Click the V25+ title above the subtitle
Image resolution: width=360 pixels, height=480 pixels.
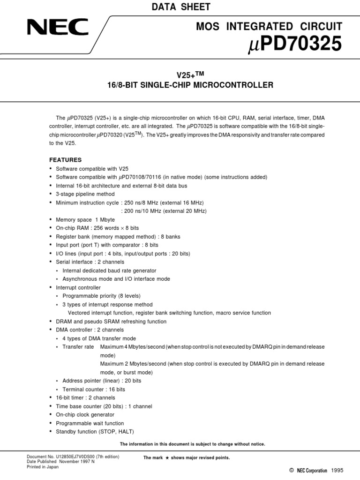point(186,75)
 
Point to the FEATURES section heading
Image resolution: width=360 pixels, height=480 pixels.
point(65,160)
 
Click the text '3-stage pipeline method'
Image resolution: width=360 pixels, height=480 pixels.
point(85,194)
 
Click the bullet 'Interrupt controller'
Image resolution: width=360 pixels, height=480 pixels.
point(78,287)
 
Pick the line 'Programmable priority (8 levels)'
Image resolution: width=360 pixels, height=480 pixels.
point(101,296)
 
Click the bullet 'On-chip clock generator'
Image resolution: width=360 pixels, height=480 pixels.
point(85,415)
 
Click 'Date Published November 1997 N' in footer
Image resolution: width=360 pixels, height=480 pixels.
point(61,462)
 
